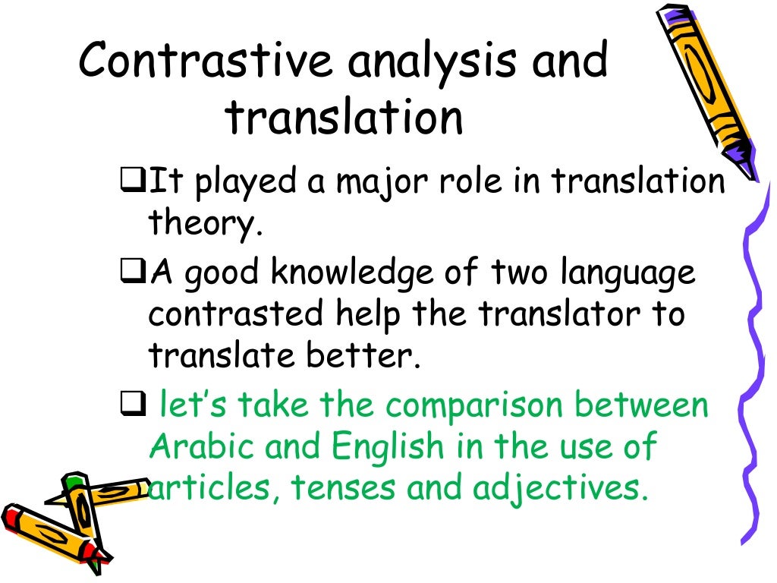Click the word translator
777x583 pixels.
(574, 314)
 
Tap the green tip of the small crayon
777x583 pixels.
(73, 481)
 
